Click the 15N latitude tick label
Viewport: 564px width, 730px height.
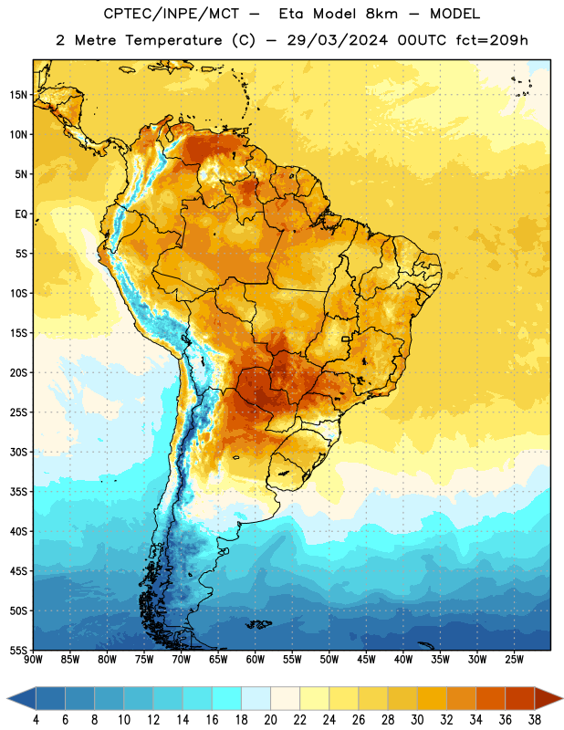(x=18, y=95)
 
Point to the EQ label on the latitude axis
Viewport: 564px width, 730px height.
(x=21, y=214)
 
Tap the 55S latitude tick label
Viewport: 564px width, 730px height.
(x=18, y=650)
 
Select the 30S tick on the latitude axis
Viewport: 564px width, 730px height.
(x=18, y=452)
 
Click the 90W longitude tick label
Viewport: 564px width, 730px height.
(x=34, y=659)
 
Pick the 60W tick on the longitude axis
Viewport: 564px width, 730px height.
(x=256, y=659)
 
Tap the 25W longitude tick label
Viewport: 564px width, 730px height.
(x=514, y=659)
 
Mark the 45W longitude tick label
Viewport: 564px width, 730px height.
(x=366, y=659)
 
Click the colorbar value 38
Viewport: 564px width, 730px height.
(x=535, y=720)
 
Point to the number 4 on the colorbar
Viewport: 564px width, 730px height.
(x=36, y=720)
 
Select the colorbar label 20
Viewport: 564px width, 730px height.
(x=270, y=720)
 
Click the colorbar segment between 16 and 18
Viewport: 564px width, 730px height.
(x=227, y=698)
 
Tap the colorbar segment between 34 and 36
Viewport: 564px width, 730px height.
(x=491, y=698)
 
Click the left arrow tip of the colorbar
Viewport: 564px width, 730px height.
(x=7, y=698)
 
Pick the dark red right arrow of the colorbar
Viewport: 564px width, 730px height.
(x=548, y=698)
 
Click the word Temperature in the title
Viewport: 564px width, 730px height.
(x=173, y=40)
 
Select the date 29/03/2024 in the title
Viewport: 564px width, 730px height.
(x=338, y=40)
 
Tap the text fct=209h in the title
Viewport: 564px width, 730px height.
(x=492, y=40)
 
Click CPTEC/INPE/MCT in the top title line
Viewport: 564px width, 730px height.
(x=172, y=14)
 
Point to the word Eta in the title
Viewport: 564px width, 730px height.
(x=291, y=14)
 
